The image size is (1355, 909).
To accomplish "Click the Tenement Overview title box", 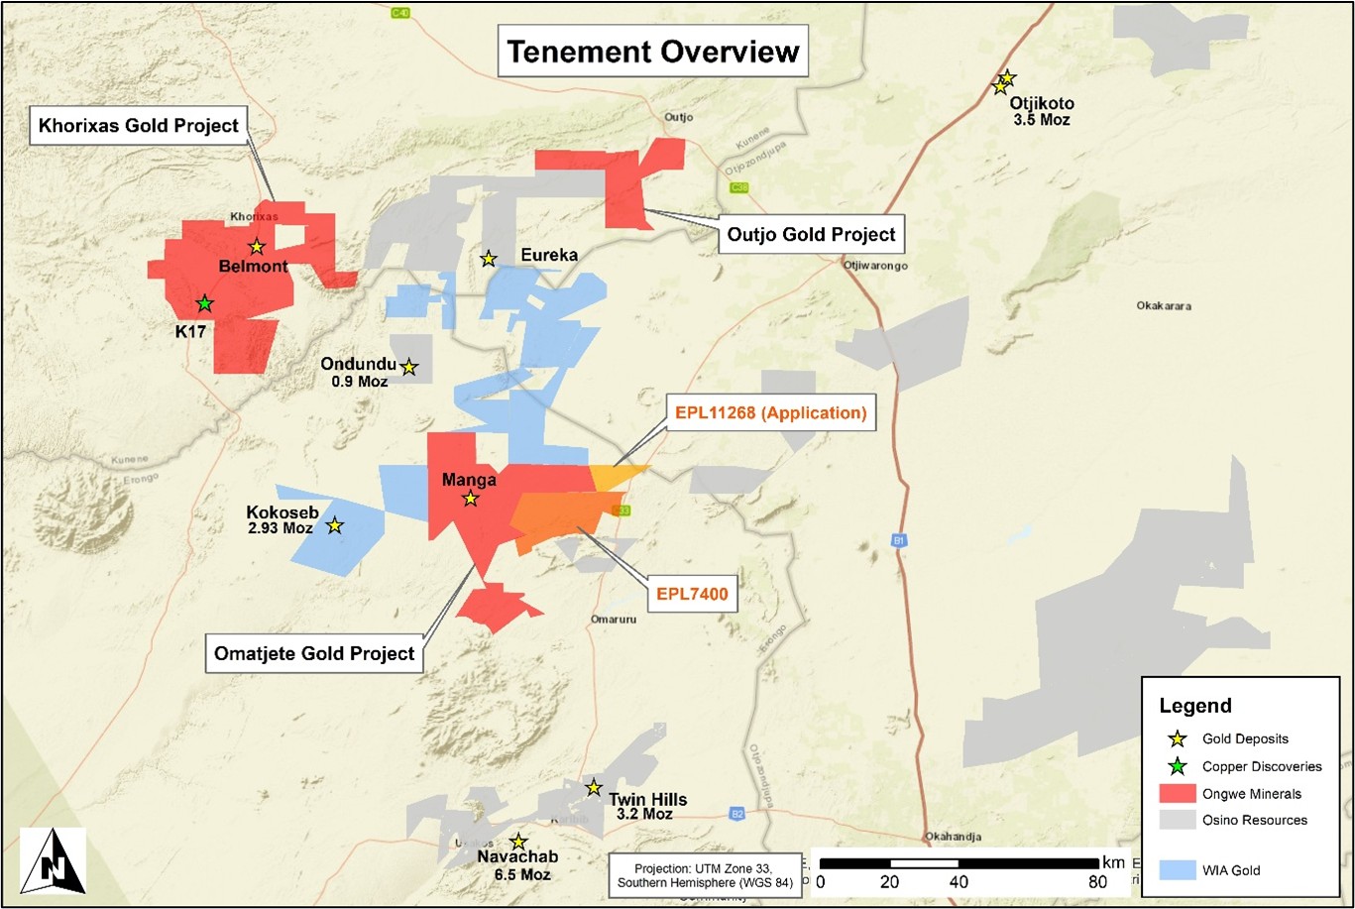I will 653,52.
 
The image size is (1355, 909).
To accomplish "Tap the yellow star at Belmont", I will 256,247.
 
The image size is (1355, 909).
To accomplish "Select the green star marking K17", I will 204,303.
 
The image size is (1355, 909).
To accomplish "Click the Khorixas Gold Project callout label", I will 139,126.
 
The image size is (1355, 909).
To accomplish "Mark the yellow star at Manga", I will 470,500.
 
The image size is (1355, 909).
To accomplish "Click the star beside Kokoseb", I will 335,525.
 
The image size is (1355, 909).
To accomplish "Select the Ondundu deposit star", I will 408,368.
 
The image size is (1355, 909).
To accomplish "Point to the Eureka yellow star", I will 488,259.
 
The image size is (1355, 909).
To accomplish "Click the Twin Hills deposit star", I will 593,787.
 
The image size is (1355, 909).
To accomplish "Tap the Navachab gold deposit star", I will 517,842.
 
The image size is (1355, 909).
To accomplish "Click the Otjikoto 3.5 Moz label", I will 1041,111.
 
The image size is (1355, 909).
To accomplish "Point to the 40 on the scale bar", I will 959,882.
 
